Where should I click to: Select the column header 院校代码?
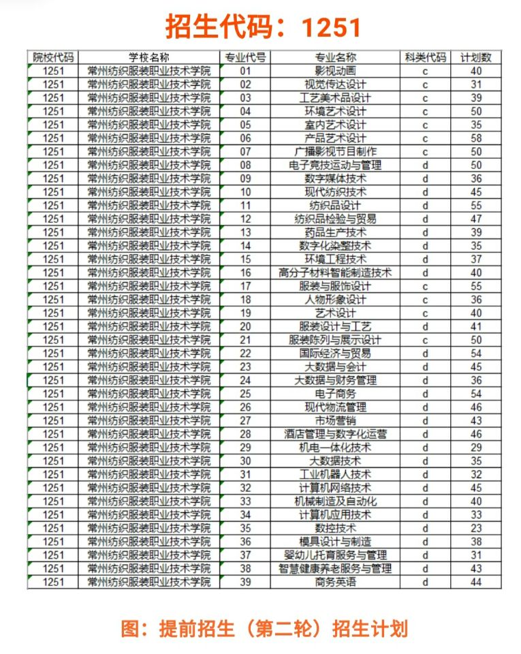pos(53,58)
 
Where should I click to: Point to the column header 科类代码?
pos(425,58)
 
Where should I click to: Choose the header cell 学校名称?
pos(149,58)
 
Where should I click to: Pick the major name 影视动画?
pos(335,71)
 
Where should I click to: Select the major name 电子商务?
pos(335,394)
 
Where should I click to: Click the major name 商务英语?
pos(335,582)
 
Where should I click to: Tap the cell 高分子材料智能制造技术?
pos(335,272)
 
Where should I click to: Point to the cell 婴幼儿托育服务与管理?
pos(335,555)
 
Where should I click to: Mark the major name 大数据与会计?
pos(335,367)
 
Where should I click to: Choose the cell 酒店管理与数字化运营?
pos(335,434)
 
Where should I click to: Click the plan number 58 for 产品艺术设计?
pos(476,138)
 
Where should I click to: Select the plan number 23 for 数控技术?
pos(476,528)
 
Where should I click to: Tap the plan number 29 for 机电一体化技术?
pos(476,448)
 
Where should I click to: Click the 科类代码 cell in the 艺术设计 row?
pos(425,313)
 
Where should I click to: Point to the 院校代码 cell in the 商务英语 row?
pos(53,582)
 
